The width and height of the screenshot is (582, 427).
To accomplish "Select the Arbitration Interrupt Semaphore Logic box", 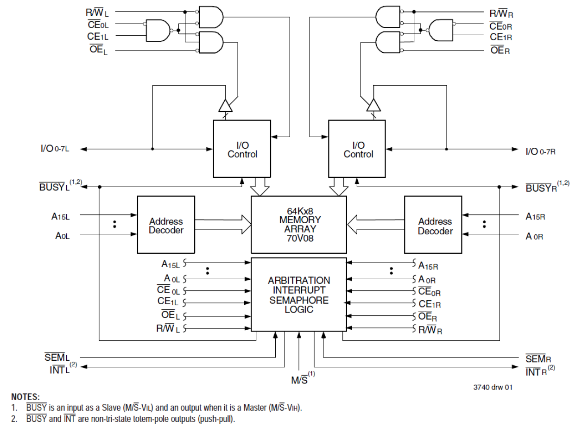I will [x=298, y=295].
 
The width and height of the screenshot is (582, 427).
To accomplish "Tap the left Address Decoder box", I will [x=166, y=225].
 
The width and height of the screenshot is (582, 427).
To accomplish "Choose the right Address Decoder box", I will [x=433, y=226].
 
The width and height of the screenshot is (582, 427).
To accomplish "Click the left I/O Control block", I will [x=242, y=149].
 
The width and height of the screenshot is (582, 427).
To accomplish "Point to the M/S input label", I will [x=298, y=380].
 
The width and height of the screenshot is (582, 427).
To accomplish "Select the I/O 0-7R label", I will [x=540, y=151].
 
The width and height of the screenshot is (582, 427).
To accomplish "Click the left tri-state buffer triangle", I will [x=225, y=106].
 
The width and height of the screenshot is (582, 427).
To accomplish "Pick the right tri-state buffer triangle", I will [x=372, y=106].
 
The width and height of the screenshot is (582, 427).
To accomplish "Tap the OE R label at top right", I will [x=500, y=50].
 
